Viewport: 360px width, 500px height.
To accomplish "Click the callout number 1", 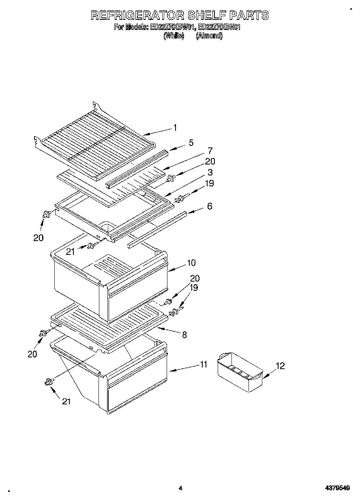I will point(175,128).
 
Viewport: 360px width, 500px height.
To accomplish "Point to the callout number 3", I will point(210,172).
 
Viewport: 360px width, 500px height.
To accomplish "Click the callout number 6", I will point(209,206).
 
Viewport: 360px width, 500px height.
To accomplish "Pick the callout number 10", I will point(191,263).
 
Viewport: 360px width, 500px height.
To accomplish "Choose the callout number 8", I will point(184,335).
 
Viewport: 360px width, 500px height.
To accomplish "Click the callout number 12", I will point(280,366).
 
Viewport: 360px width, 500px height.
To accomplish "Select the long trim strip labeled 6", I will point(158,229).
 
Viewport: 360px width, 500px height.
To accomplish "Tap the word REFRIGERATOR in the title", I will point(137,15).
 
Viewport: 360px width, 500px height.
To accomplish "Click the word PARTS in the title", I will point(248,15).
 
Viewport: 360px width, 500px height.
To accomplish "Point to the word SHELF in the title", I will point(206,15).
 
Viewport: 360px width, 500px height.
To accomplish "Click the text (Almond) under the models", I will point(209,36).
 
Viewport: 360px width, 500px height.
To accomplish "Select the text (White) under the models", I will point(174,36).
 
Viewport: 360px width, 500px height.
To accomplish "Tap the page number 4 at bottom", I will point(180,488).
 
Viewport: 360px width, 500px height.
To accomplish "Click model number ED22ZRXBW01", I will point(171,28).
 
